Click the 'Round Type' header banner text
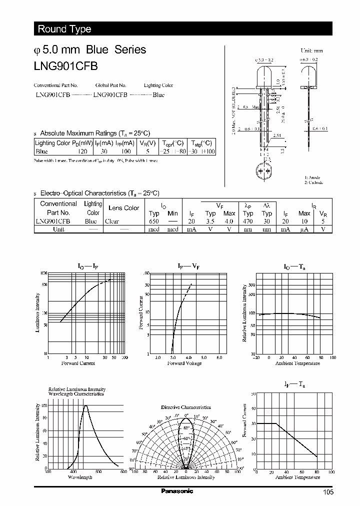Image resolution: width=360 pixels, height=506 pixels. point(64,29)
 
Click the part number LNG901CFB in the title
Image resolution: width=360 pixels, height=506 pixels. point(65,65)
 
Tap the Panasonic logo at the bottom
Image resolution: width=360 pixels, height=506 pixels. point(177,491)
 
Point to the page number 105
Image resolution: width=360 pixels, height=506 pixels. point(327,492)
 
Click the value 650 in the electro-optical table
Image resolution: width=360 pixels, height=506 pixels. point(154,221)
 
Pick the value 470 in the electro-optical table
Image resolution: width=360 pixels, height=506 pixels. point(247,221)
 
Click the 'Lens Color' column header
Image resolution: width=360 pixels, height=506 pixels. point(123,208)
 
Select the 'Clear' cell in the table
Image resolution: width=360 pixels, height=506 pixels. point(112,221)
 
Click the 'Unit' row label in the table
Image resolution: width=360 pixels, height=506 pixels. point(58,229)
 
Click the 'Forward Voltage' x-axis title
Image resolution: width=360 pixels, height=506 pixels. point(184,363)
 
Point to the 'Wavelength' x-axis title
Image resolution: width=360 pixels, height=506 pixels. point(80,477)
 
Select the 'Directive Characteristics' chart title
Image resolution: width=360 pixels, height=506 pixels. point(185,407)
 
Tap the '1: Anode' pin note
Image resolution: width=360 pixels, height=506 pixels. point(312,177)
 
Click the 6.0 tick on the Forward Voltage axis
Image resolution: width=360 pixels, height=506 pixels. point(219,358)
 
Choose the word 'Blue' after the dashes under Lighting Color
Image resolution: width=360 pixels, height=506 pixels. point(158,94)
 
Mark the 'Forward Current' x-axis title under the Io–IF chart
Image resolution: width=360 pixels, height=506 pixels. point(78,363)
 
